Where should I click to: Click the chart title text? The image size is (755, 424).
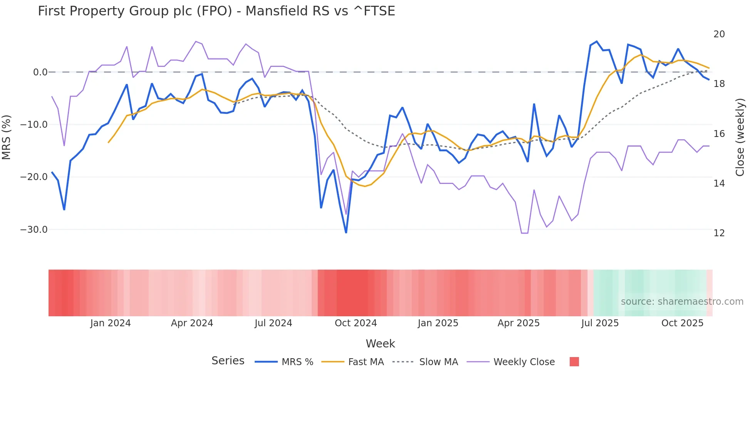(216, 11)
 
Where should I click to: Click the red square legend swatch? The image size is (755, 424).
(574, 362)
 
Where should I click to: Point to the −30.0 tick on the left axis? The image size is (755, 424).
(34, 230)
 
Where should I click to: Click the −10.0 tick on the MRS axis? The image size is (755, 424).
(34, 125)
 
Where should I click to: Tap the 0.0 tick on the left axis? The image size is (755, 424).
(40, 72)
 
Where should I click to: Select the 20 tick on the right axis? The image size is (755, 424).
(719, 34)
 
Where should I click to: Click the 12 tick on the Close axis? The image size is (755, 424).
(719, 233)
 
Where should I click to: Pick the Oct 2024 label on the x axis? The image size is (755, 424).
(356, 323)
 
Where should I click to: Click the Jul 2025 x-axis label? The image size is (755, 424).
(600, 323)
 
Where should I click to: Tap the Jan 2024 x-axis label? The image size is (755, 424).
(110, 323)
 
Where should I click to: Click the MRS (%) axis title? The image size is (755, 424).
(7, 137)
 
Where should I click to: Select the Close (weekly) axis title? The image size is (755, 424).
(740, 137)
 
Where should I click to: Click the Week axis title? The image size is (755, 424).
(380, 344)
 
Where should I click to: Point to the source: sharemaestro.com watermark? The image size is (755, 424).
(682, 302)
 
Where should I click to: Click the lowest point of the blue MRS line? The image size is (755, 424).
(346, 232)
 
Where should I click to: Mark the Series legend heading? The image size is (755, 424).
(228, 361)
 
